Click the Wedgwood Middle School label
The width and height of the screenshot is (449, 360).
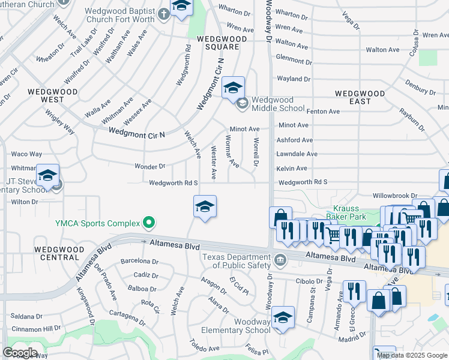277,104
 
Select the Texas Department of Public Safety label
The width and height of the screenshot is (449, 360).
236,262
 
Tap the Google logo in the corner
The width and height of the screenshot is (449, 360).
20,353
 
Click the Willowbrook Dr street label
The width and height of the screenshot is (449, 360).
394,196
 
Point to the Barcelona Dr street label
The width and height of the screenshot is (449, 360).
139,262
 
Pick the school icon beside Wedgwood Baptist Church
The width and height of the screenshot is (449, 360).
181,7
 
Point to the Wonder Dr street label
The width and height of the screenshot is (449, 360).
150,166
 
